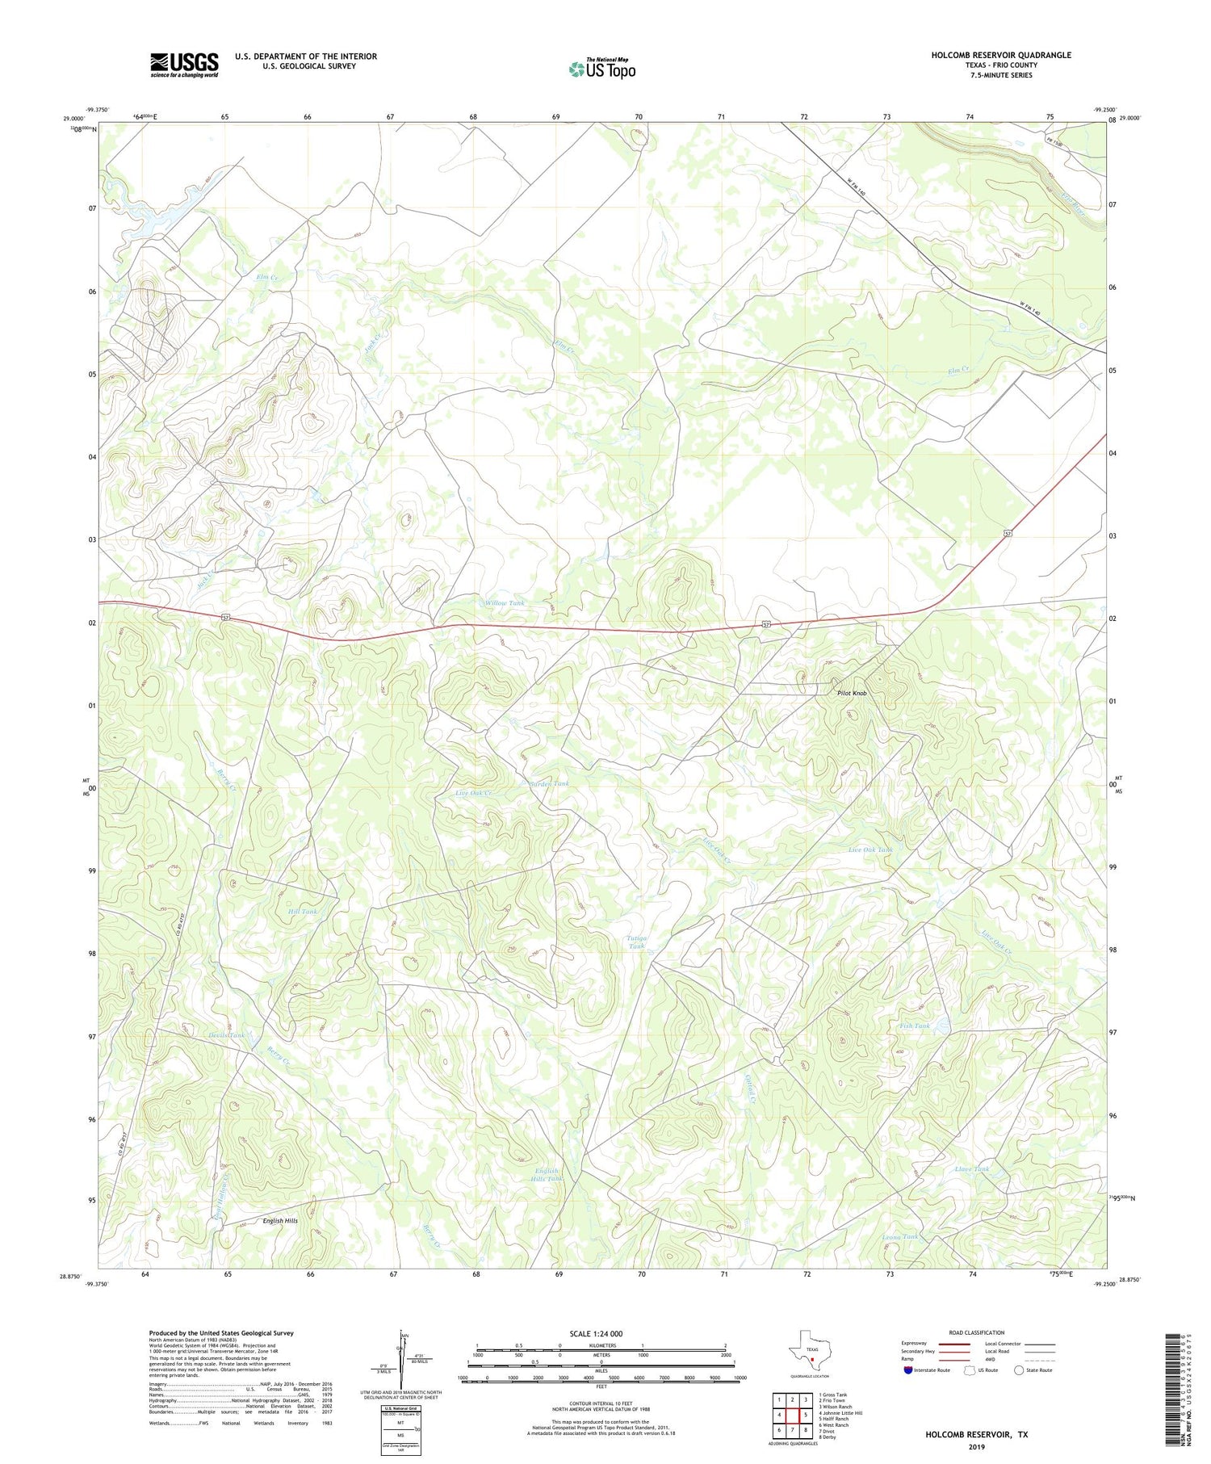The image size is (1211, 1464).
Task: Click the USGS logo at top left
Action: pos(184,65)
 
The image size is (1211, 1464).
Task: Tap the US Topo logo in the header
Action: pos(601,69)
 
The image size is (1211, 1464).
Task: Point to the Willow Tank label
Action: pos(505,603)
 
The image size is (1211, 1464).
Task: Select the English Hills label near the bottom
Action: pos(280,1221)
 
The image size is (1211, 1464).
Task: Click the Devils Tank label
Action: pos(226,1035)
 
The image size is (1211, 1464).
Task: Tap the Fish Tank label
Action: pos(915,1026)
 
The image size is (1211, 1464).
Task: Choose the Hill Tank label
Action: pos(303,911)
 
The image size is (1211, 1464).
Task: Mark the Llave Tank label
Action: pos(971,1168)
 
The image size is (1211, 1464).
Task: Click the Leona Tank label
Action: pos(900,1236)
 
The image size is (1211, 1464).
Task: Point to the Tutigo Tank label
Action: pos(637,942)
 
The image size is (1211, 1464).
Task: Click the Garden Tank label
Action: pos(549,783)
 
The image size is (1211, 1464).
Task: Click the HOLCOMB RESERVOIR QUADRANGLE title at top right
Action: pos(1001,55)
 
